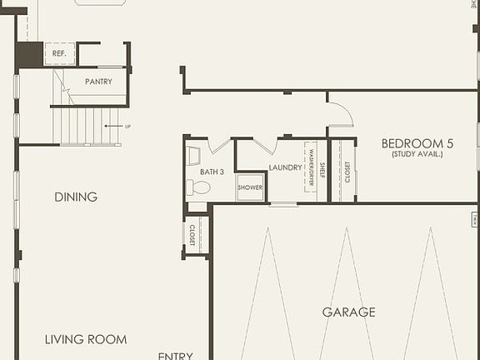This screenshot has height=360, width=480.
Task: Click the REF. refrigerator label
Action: [58, 53]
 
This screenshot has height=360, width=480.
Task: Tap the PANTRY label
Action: [98, 82]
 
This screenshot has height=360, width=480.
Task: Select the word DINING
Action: [76, 197]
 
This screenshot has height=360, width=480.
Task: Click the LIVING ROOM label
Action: [86, 339]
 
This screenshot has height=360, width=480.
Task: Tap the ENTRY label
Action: [175, 355]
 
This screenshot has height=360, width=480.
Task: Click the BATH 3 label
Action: [212, 172]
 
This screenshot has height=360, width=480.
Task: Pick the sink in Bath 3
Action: [194, 155]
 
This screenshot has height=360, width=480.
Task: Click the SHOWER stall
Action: [250, 187]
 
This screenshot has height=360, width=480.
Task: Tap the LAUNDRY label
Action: [285, 167]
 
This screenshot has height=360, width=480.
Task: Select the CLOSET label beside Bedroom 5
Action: [347, 171]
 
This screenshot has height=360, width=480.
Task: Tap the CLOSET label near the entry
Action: [192, 235]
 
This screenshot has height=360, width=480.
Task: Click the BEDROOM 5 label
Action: [417, 143]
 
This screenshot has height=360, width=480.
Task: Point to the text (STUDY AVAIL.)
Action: [417, 154]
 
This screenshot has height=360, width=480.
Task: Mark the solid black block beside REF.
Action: [29, 55]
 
